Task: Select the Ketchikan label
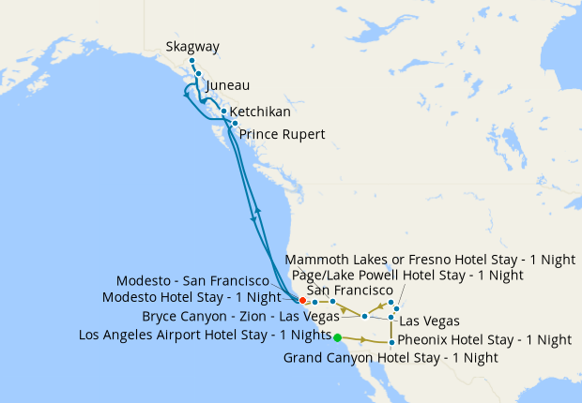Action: (x=260, y=111)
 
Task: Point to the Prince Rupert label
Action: (x=283, y=134)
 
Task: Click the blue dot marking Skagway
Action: (x=191, y=61)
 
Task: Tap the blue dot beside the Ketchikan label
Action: (x=223, y=111)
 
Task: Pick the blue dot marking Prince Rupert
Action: (x=235, y=124)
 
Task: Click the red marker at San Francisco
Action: (x=302, y=301)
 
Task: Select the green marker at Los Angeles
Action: (x=337, y=336)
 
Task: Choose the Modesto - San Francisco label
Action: (x=198, y=281)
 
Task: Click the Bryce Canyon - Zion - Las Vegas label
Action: (x=240, y=316)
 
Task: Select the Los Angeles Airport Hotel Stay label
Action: (x=205, y=335)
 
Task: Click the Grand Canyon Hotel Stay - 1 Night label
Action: (x=391, y=357)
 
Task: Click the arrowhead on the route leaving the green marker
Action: (x=362, y=338)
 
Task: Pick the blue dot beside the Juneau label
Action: (x=199, y=73)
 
